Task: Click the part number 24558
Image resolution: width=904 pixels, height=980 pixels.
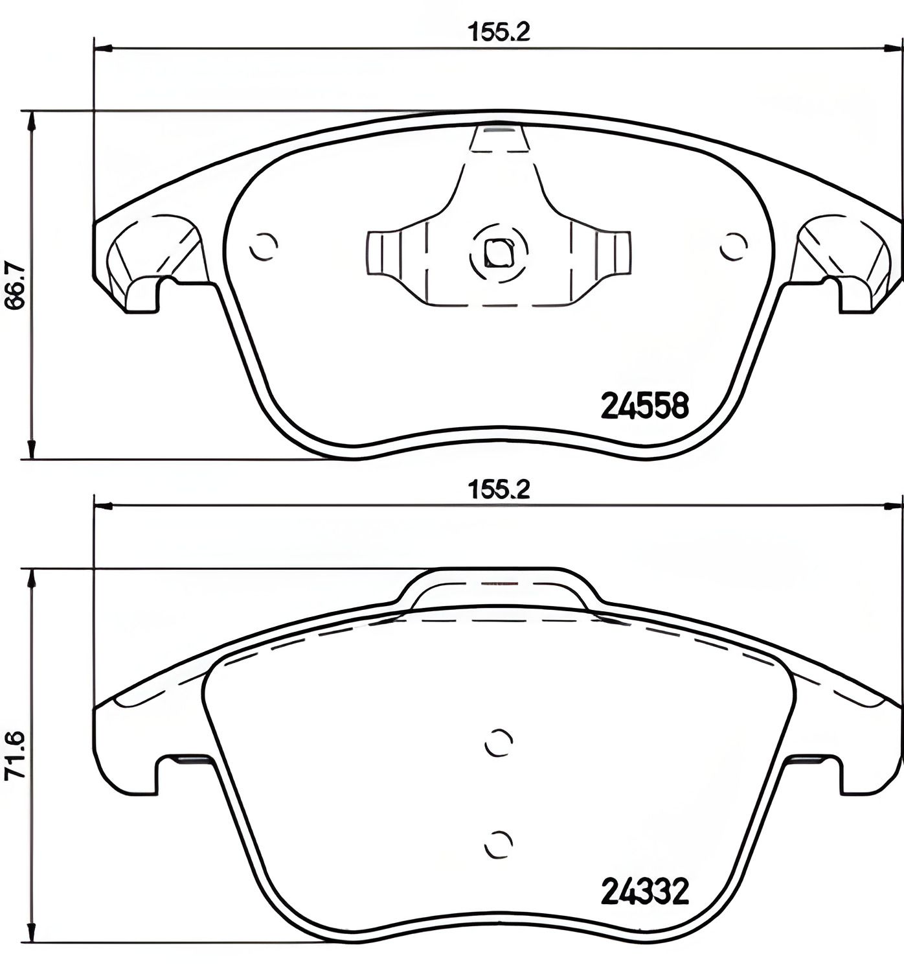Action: pyautogui.click(x=644, y=406)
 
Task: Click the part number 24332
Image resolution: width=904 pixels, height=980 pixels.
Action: pyautogui.click(x=644, y=892)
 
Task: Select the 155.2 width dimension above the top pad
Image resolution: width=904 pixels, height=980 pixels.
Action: pyautogui.click(x=499, y=32)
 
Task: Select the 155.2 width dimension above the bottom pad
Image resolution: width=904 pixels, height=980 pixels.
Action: pyautogui.click(x=499, y=489)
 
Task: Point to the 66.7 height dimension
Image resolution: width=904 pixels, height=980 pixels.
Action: pyautogui.click(x=14, y=285)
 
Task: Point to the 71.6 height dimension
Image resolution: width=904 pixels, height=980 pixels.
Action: pyautogui.click(x=14, y=755)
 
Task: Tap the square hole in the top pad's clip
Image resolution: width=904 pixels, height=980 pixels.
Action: pyautogui.click(x=499, y=252)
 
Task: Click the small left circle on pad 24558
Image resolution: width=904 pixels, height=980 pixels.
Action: pyautogui.click(x=264, y=246)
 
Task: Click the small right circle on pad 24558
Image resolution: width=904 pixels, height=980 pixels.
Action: pyautogui.click(x=734, y=246)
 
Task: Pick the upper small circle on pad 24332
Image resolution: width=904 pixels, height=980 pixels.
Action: pyautogui.click(x=499, y=742)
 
